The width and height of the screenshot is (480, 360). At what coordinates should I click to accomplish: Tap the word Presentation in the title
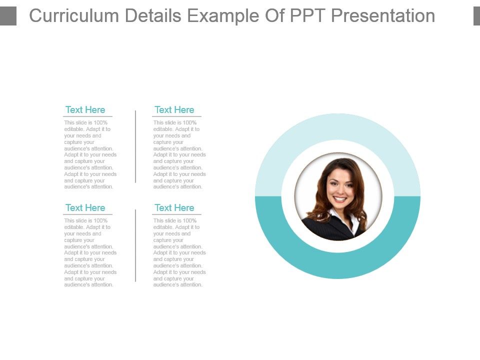[383, 16]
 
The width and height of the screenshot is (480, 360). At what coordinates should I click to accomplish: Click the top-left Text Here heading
[85, 110]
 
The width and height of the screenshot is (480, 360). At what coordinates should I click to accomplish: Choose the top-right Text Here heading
[174, 110]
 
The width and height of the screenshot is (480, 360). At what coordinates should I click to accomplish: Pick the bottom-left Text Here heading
[85, 208]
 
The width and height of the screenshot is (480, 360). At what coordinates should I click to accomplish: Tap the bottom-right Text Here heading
[174, 208]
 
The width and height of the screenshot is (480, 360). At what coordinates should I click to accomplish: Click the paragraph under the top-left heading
[90, 154]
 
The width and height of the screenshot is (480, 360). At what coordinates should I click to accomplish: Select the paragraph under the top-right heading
[179, 154]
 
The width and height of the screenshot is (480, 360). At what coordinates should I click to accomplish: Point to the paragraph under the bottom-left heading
[90, 252]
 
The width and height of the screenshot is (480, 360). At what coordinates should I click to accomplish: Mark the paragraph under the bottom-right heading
[179, 252]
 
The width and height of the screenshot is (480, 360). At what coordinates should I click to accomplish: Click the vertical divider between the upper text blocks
[135, 146]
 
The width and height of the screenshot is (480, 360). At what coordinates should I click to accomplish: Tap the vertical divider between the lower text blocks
[135, 245]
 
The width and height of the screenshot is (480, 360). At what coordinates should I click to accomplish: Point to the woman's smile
[339, 199]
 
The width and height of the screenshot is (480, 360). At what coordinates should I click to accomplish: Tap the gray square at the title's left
[8, 16]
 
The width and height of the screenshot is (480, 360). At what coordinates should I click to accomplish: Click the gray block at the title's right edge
[476, 16]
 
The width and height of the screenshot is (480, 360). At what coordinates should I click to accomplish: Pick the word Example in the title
[226, 16]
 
